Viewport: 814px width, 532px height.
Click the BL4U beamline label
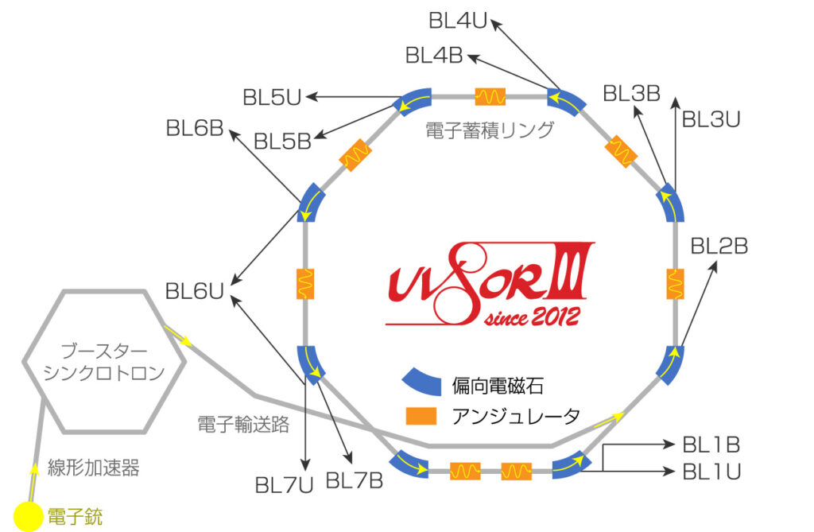tap(457, 21)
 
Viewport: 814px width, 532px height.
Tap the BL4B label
tap(433, 56)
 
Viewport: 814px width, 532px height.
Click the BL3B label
tap(631, 94)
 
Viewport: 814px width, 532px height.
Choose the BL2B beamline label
tap(719, 247)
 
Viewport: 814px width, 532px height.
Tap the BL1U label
tap(711, 472)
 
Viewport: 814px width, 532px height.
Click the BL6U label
tap(193, 292)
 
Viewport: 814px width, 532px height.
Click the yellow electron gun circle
tap(30, 516)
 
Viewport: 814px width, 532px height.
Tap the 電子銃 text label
tap(76, 518)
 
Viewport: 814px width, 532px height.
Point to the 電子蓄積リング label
tap(490, 130)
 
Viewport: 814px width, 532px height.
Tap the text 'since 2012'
tap(532, 317)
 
